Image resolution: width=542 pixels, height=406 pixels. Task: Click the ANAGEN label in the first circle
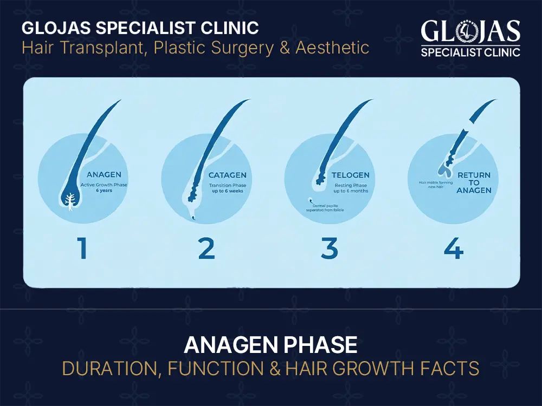(104, 175)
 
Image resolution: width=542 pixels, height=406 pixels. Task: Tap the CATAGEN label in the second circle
(228, 175)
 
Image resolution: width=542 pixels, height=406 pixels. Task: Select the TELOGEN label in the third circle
(351, 175)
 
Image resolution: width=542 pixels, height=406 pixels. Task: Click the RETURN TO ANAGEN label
(473, 182)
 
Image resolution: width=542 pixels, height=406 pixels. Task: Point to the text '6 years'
(105, 191)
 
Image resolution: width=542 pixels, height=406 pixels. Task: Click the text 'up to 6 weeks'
(228, 191)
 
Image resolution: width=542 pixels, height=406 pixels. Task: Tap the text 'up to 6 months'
(351, 191)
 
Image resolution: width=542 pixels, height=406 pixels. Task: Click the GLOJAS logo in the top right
(470, 38)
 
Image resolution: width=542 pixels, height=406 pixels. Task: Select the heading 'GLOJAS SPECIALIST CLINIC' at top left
(140, 28)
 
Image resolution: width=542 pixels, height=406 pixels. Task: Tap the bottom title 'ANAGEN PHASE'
(270, 345)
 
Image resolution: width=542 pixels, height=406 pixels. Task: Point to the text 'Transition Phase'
(228, 184)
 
